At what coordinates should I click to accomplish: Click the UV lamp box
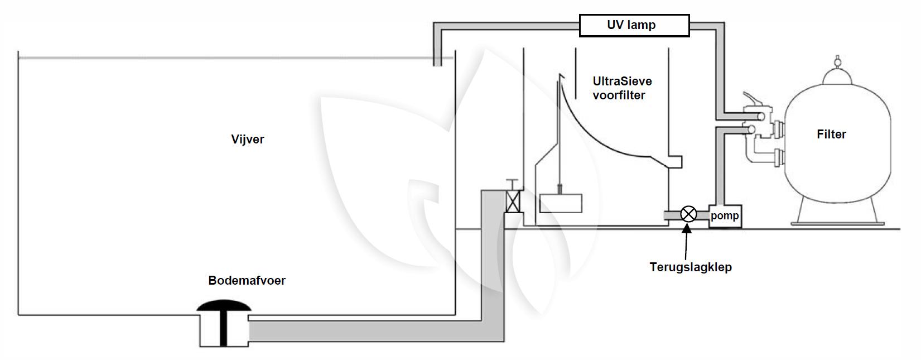(634, 26)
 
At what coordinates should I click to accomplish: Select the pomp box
(725, 216)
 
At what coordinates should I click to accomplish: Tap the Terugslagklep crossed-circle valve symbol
(689, 214)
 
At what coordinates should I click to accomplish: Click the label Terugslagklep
(691, 267)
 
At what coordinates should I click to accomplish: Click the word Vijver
(248, 139)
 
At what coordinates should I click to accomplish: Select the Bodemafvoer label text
(247, 280)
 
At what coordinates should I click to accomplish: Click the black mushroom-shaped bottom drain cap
(224, 306)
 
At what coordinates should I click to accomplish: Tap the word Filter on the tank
(831, 134)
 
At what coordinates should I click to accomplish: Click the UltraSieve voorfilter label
(621, 88)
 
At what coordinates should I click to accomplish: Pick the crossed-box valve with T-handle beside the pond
(512, 201)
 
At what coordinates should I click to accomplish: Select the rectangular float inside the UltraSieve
(561, 203)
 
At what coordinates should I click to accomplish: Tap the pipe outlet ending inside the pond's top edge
(438, 60)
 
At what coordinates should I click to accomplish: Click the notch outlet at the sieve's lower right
(674, 162)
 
